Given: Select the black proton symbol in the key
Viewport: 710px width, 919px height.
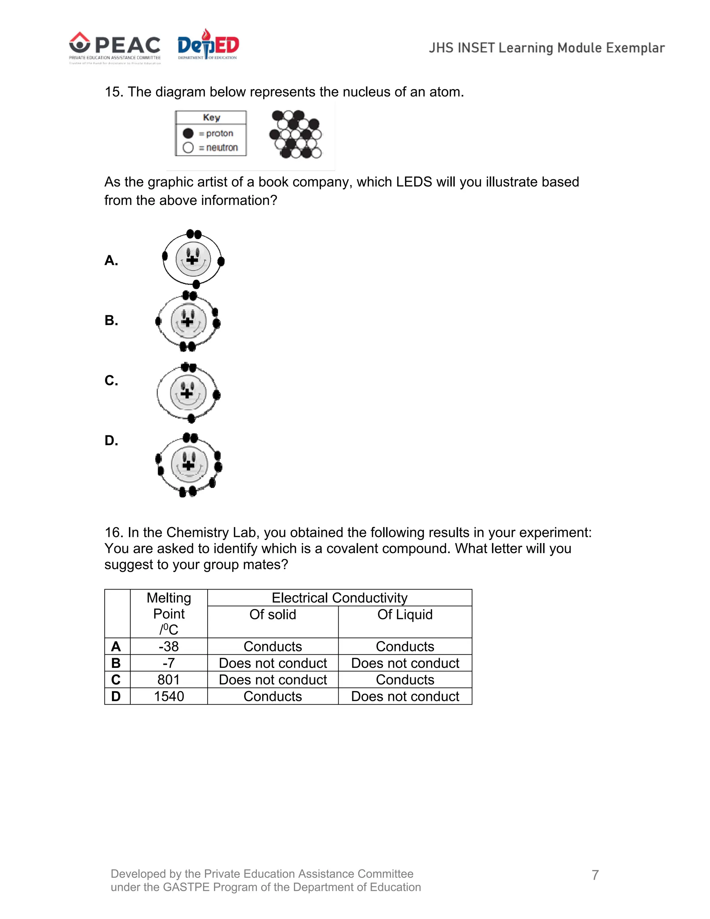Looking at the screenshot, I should click(188, 134).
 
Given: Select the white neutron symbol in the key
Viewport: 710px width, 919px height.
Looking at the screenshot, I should click(188, 148).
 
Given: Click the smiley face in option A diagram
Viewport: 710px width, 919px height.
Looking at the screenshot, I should click(193, 258).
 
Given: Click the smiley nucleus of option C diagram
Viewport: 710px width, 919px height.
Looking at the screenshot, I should click(188, 393).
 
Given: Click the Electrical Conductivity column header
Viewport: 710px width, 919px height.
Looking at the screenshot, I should click(339, 598).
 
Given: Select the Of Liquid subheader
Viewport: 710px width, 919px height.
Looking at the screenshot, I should click(405, 615).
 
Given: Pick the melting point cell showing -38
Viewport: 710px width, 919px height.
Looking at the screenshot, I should click(169, 646).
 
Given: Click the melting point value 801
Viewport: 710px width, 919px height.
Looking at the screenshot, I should click(169, 680).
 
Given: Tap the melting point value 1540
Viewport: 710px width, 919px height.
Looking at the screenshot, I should click(169, 696).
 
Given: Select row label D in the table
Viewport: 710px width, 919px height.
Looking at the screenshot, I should click(116, 696).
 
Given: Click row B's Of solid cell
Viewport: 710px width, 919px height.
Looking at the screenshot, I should click(272, 663).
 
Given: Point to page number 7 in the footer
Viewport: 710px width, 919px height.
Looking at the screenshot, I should click(595, 875).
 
